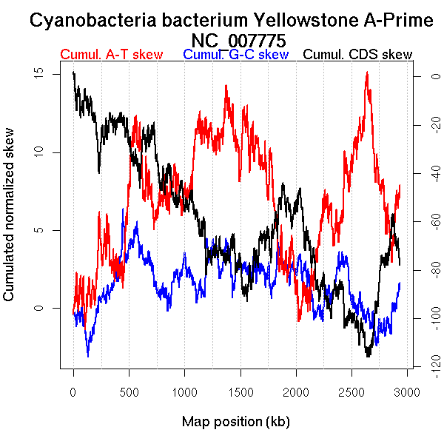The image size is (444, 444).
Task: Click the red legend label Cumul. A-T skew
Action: click(111, 55)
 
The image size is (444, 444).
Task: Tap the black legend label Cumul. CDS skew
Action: click(358, 55)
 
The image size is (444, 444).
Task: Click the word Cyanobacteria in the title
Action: click(87, 21)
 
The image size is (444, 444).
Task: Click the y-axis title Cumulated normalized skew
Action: click(10, 223)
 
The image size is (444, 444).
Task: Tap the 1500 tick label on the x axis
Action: click(296, 391)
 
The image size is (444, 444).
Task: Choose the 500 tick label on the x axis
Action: click(129, 391)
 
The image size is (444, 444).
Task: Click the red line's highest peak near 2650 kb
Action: click(367, 73)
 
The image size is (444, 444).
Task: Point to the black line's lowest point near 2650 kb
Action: click(367, 356)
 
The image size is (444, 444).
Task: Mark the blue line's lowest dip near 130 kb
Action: click(88, 356)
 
